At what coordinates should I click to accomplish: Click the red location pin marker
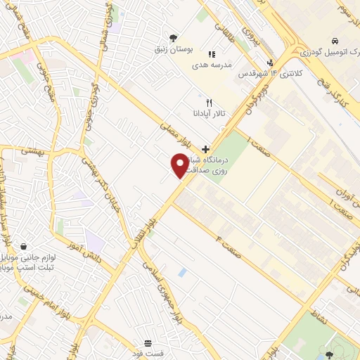[x=180, y=165]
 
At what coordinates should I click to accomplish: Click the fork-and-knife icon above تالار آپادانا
[x=209, y=102]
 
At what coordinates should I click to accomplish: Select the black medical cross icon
[x=205, y=148]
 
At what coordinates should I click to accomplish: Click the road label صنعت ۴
[x=229, y=247]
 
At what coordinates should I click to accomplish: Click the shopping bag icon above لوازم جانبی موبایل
[x=25, y=247]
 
